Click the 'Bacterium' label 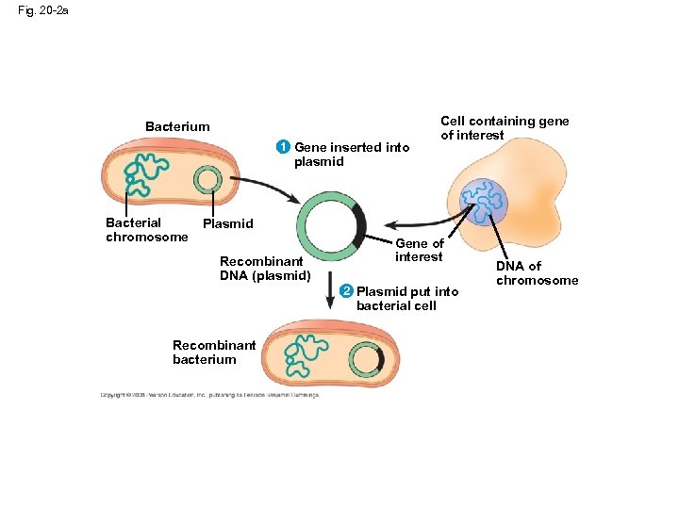tap(177, 126)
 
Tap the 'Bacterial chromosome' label tap(146, 230)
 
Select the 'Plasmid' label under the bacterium tap(228, 223)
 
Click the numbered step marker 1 tap(282, 147)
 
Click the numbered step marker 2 tap(344, 291)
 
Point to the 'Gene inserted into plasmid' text tap(351, 154)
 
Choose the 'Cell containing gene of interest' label tap(505, 128)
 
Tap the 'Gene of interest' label tap(419, 251)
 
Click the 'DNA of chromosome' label tap(537, 273)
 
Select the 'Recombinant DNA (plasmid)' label tap(265, 268)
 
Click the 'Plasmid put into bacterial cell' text tap(406, 299)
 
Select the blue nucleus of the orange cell tap(485, 200)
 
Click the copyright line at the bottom tap(209, 395)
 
